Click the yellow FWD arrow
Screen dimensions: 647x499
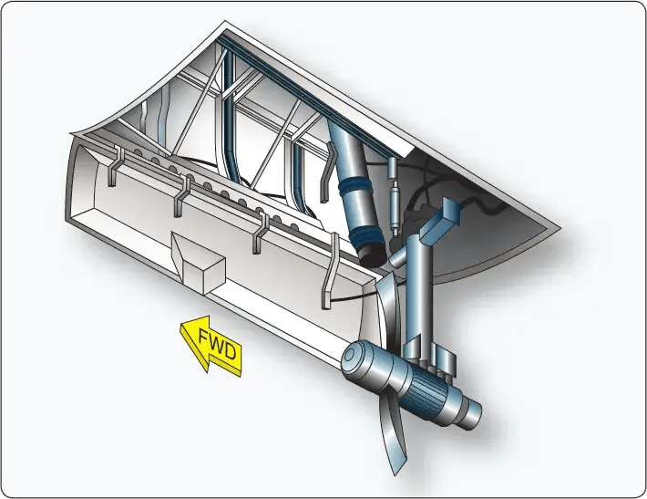tap(211, 346)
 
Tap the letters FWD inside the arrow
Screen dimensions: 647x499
tap(218, 344)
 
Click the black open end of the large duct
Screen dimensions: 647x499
tap(373, 255)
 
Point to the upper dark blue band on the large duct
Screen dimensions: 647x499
tap(354, 185)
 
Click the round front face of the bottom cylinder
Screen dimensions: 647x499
tap(354, 357)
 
